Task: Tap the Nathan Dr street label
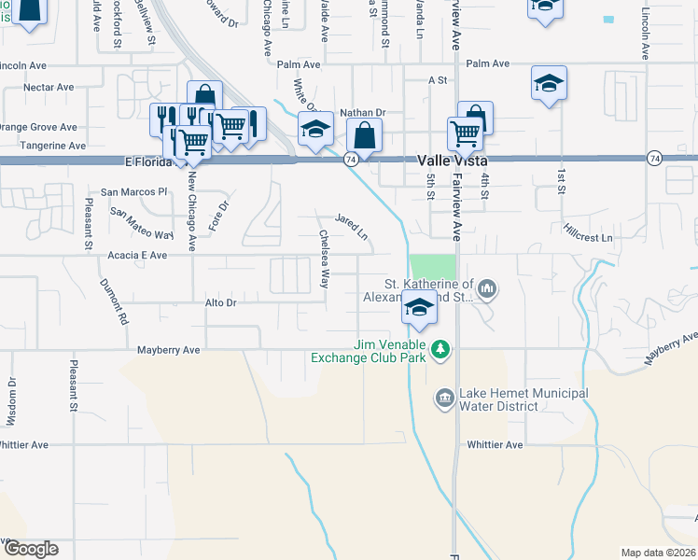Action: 362,112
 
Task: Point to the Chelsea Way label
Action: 325,259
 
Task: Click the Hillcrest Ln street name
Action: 587,239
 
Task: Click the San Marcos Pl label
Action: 134,191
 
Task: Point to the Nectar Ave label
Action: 49,87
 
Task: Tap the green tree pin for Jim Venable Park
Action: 440,351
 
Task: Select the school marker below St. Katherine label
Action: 419,307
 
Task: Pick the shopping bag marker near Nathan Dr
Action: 364,135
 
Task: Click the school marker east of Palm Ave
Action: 550,82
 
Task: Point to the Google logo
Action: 30,549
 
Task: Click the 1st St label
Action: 563,182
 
